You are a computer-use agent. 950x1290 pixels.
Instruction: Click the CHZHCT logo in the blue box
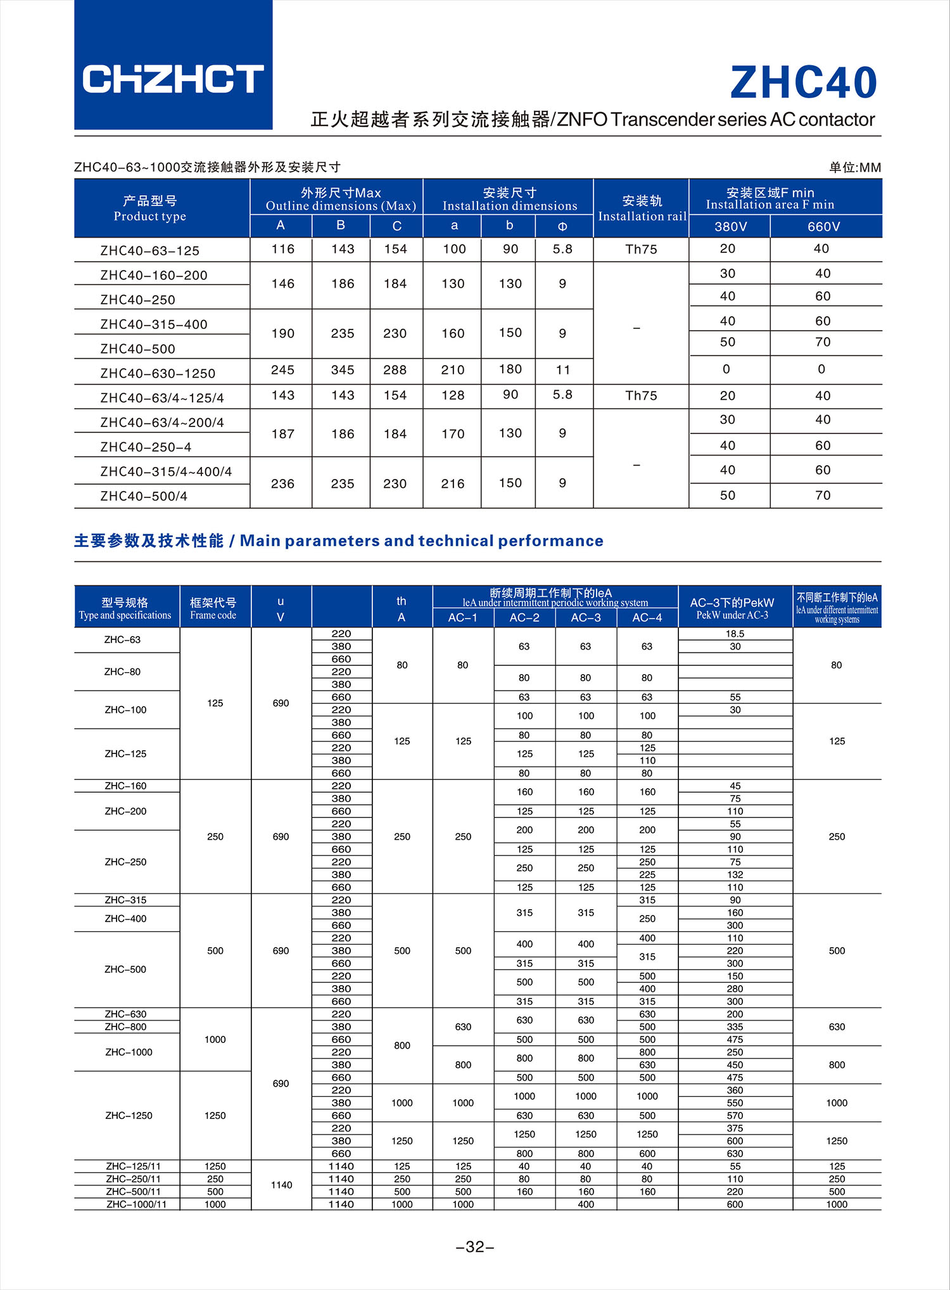pos(173,79)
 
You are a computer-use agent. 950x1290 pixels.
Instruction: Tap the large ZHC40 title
pos(803,83)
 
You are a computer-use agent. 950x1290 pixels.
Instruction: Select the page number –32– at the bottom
pos(475,1247)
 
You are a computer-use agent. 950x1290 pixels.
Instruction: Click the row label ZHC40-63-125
pos(149,251)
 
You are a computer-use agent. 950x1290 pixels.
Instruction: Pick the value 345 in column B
pos(343,370)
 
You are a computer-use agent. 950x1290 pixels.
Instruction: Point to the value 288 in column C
pos(395,370)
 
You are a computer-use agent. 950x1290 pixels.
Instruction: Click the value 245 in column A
pos(282,370)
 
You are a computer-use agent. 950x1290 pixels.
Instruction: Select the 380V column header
pos(730,227)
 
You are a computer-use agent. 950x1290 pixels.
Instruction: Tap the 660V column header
pos(823,227)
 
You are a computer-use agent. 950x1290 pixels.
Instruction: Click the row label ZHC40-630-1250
pos(158,374)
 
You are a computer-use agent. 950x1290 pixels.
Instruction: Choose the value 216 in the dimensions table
pos(453,484)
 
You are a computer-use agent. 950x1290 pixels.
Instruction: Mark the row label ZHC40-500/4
pos(144,496)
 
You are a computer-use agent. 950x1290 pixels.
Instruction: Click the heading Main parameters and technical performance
pos(421,540)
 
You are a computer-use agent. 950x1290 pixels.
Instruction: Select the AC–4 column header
pos(647,618)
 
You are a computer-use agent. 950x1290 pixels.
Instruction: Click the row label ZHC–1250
pos(129,1115)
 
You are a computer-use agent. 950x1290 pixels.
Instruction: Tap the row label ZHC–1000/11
pos(136,1204)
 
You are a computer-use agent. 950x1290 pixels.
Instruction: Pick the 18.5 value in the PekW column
pos(735,634)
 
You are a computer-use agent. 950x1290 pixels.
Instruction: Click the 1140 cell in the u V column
pos(281,1185)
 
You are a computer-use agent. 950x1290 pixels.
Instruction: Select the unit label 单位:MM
pos(855,167)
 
